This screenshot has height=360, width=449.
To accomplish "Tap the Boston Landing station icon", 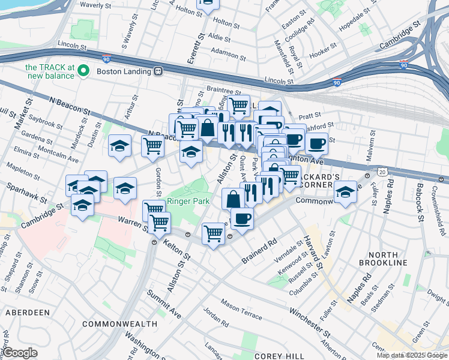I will coord(158,71).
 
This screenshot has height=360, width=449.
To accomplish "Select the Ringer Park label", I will coord(188,201).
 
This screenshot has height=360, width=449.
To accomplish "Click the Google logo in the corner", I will coord(20,353).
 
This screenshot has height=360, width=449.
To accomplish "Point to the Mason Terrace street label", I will coord(241,308).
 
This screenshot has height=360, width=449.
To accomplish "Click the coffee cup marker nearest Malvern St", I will coord(316,144).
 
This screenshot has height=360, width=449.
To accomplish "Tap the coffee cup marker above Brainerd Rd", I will coord(242,218).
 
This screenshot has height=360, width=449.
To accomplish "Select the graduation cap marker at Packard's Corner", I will coord(345,193).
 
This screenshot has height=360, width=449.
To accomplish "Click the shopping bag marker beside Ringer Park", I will coord(232,199).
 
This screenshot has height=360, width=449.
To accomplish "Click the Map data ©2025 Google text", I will coord(411,355).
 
